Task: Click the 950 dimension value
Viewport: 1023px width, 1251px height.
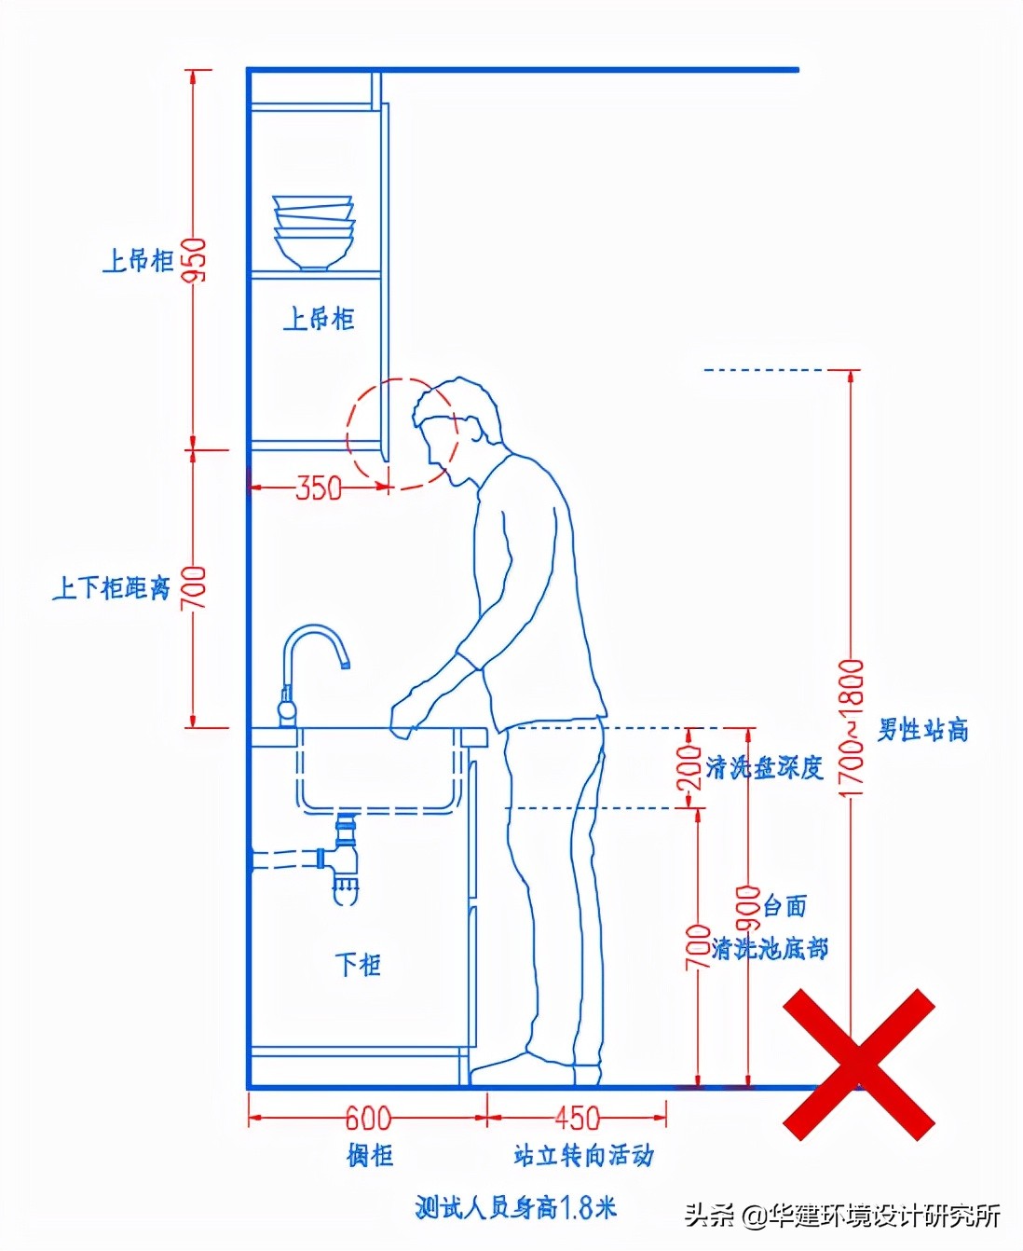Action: coord(195,260)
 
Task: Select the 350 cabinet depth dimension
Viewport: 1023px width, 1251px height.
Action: coord(319,488)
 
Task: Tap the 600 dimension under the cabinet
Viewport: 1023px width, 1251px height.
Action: coord(368,1118)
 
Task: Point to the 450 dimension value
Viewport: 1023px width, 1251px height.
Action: coord(577,1118)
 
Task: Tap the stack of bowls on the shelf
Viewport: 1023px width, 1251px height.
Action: coord(314,233)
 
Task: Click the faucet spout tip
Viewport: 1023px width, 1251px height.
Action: coord(345,665)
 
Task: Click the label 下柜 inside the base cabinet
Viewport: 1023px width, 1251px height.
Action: coord(358,965)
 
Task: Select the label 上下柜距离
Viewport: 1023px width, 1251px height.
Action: coord(112,588)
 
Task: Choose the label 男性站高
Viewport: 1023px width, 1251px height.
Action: coord(922,729)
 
